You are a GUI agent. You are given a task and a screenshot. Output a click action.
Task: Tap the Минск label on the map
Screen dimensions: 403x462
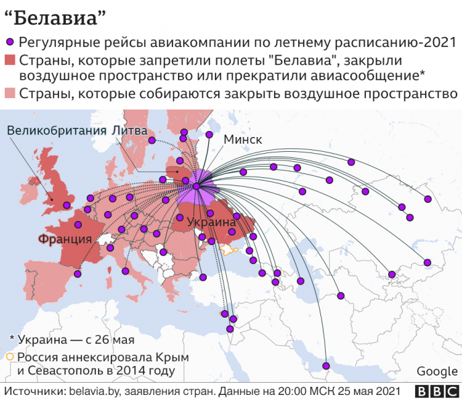(x=242, y=140)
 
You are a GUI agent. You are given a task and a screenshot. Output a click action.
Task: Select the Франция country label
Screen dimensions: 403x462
(x=65, y=238)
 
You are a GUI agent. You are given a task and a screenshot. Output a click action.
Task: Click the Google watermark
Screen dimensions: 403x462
(x=436, y=371)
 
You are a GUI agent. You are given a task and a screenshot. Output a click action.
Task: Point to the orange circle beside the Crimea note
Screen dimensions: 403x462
(x=9, y=357)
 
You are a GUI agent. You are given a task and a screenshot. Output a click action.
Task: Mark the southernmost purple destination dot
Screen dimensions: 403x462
(x=326, y=366)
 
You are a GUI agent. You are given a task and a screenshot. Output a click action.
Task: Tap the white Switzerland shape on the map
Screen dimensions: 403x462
(x=106, y=239)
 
